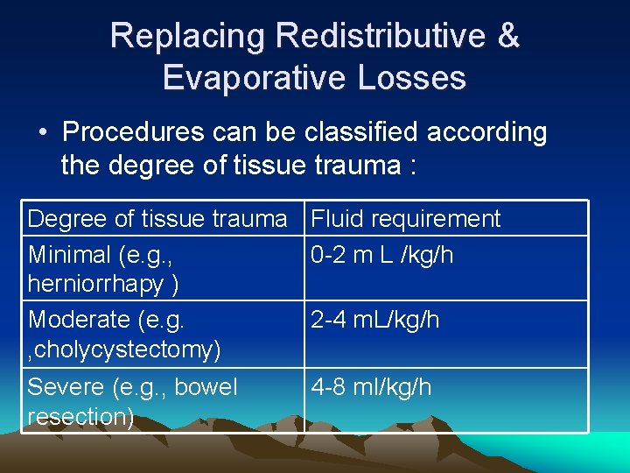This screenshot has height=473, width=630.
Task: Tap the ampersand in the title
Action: tap(507, 36)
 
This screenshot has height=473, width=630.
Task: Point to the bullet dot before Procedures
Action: tap(43, 133)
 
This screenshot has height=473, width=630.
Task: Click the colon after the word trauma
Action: tap(409, 165)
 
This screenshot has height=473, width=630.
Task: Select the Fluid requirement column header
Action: tap(406, 219)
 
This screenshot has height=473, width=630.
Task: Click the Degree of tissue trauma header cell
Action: tap(157, 219)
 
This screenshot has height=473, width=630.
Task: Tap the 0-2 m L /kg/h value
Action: tap(382, 255)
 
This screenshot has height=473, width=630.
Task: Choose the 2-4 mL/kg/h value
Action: tap(375, 321)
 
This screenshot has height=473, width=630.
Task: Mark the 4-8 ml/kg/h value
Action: tap(372, 387)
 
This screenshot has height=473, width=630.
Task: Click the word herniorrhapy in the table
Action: tap(97, 284)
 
